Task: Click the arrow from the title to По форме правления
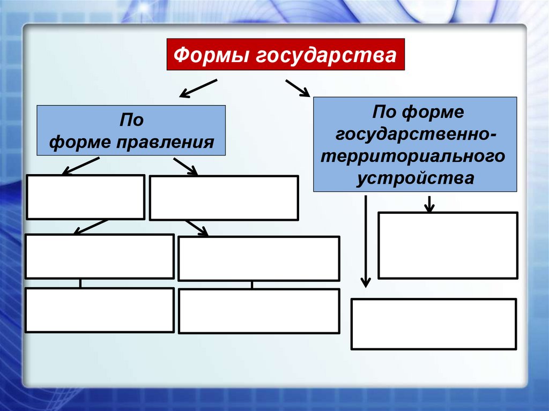click(x=198, y=89)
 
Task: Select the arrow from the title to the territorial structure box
click(x=298, y=88)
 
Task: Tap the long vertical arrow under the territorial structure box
click(x=365, y=241)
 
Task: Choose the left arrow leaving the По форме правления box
click(x=80, y=166)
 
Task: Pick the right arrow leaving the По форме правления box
click(x=186, y=166)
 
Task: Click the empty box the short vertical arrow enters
click(x=448, y=245)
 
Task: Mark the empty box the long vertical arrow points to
click(x=433, y=324)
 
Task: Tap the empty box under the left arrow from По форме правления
click(x=85, y=197)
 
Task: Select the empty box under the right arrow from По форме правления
click(x=224, y=198)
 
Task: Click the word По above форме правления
click(x=131, y=120)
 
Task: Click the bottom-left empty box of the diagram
click(x=99, y=310)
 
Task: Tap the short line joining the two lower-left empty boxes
click(x=80, y=283)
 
